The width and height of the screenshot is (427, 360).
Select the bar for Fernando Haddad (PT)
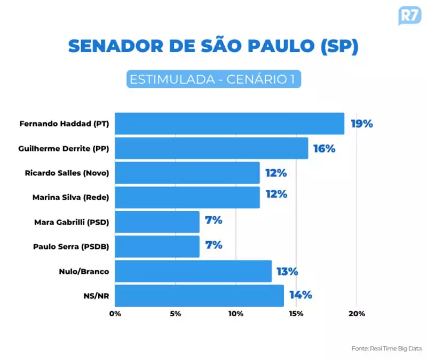click(230, 124)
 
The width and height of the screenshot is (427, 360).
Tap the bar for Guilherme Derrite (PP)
click(211, 148)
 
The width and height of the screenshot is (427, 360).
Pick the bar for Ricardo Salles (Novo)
click(187, 173)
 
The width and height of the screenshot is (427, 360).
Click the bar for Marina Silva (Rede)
click(187, 197)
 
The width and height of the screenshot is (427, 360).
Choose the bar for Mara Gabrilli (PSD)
click(157, 222)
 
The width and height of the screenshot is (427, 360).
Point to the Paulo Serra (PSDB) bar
click(157, 246)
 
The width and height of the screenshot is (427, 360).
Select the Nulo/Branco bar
click(193, 271)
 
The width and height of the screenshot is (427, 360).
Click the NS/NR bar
click(199, 296)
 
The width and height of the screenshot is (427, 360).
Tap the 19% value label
click(361, 124)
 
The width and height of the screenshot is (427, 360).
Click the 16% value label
click(324, 149)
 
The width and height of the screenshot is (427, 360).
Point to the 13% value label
click(287, 272)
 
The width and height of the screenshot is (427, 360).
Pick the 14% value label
click(300, 295)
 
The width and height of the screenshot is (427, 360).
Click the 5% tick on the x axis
click(175, 314)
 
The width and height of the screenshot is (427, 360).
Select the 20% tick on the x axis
click(357, 314)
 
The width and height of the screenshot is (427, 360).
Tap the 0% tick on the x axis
click(115, 314)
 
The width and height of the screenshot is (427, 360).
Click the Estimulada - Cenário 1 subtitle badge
click(213, 79)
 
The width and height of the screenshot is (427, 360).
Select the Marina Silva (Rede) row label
click(70, 198)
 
